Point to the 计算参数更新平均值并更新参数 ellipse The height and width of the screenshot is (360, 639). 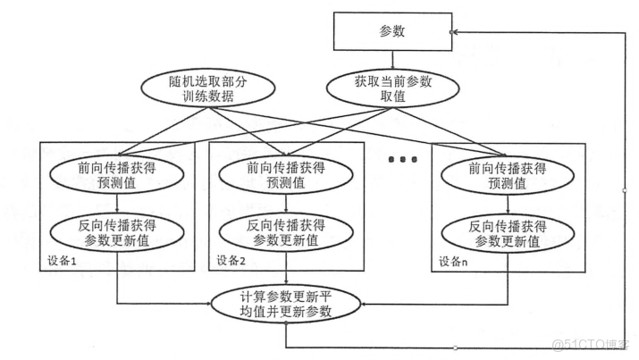pos(286,305)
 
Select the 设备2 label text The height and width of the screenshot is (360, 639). pos(231,261)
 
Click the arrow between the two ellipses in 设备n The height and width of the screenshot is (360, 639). pos(506,202)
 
